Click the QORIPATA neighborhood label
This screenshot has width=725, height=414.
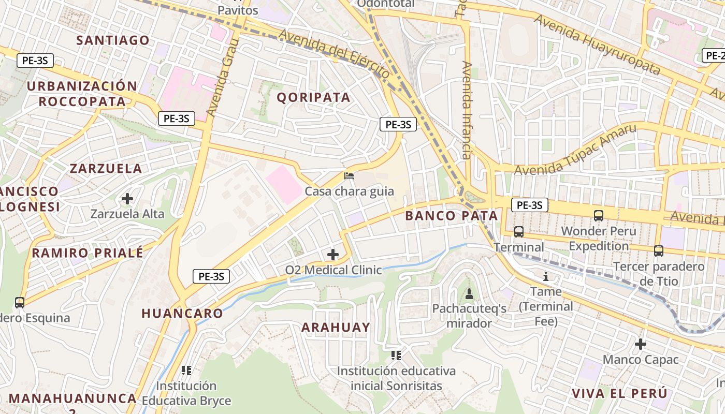(x=313, y=97)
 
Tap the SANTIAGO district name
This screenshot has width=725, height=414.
(x=113, y=40)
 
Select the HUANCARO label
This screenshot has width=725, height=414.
(x=182, y=313)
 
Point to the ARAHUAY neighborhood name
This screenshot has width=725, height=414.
(x=336, y=327)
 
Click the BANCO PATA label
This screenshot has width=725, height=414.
(x=452, y=216)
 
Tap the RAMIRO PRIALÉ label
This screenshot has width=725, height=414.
(x=88, y=253)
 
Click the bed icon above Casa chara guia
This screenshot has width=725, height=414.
(x=349, y=176)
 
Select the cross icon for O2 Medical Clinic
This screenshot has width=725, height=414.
(x=333, y=255)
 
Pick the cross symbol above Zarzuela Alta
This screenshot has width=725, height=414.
(x=127, y=198)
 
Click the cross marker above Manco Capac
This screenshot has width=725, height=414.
(x=641, y=344)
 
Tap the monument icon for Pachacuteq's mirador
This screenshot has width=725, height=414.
(x=469, y=294)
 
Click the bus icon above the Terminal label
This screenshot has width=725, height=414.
(x=519, y=231)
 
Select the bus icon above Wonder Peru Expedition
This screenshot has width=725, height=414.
(x=599, y=215)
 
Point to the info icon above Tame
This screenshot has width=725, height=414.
(x=546, y=276)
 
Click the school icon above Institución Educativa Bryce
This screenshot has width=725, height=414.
(x=186, y=370)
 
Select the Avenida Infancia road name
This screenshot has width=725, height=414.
(x=467, y=110)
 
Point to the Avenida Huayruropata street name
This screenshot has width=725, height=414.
(x=598, y=45)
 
